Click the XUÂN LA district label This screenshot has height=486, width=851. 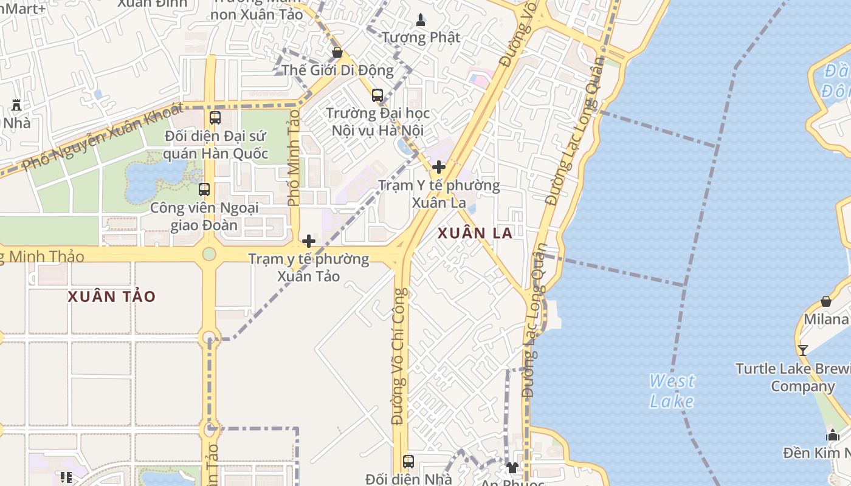[475, 233]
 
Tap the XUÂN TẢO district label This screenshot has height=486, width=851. [112, 296]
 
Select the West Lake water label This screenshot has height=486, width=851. [672, 391]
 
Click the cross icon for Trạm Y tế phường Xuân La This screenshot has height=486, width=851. [438, 167]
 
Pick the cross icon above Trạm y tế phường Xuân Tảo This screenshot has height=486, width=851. [309, 241]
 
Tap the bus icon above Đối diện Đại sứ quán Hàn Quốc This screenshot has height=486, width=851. [215, 118]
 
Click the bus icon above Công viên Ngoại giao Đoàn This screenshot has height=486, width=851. [204, 190]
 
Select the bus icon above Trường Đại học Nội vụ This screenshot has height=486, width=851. [377, 95]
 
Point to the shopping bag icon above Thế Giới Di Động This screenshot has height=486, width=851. [337, 52]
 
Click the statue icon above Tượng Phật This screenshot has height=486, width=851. [421, 20]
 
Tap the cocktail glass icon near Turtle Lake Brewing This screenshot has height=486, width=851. [803, 350]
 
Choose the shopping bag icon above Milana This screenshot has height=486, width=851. [826, 301]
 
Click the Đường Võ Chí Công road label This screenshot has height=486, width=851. [399, 357]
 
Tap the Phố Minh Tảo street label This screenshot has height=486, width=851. [294, 158]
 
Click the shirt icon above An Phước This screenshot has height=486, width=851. [512, 467]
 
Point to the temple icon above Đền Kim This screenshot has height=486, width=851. [833, 435]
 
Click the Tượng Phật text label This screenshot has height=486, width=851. [421, 37]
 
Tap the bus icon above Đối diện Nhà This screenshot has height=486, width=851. [408, 462]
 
